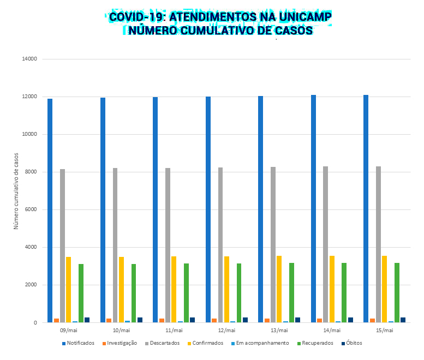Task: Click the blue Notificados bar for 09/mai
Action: pos(50,211)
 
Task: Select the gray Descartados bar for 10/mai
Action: pos(115,245)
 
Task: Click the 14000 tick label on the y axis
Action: pos(28,59)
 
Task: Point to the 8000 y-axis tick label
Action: pos(30,172)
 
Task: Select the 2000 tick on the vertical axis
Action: pos(30,285)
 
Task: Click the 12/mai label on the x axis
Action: pos(226,331)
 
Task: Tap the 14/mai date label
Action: pos(332,331)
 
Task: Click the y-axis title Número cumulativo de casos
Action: pos(16,191)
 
